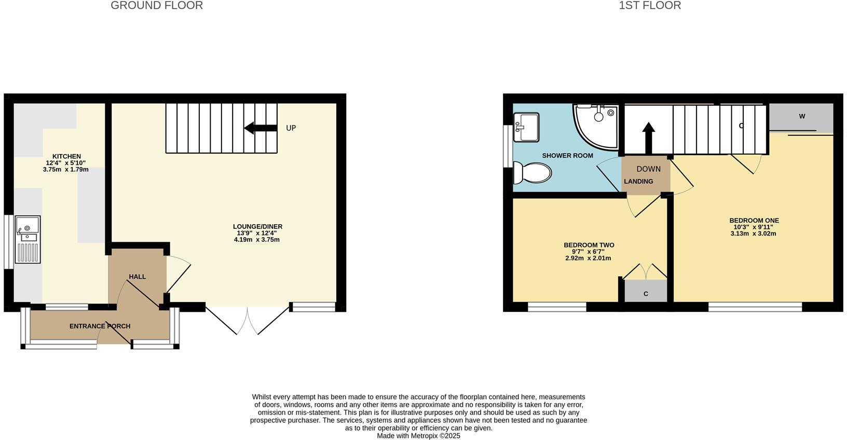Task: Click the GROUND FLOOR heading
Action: pos(157,6)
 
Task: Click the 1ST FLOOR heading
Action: pos(650,6)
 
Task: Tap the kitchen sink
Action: pos(28,239)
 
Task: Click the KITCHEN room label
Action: pos(66,156)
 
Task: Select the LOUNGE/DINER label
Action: pos(257,227)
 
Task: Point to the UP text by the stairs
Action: pos(291,128)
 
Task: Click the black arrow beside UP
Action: pos(261,128)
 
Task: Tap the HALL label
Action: pos(138,277)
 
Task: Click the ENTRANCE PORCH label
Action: pos(100,326)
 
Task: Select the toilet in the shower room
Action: pos(532,172)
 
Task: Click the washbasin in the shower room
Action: pos(526,127)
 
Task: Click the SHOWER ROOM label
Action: pos(567,156)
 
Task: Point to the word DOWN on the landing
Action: pos(648,169)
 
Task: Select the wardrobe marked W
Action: pos(801,117)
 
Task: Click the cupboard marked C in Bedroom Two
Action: pos(646,292)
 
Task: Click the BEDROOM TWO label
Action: pos(589,245)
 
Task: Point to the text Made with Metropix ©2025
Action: pos(418,436)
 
